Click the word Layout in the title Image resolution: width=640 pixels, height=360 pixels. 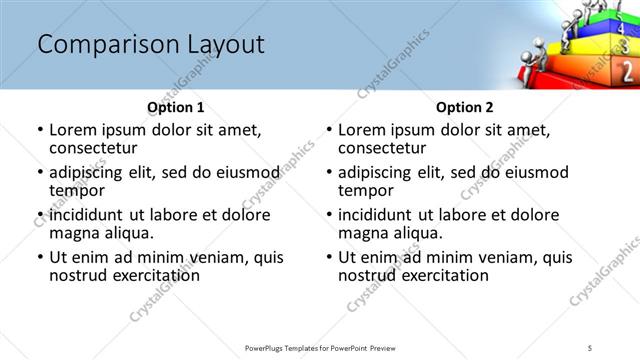[217, 45]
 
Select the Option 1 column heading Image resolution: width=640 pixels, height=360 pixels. [175, 107]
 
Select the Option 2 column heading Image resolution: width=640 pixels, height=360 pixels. [464, 107]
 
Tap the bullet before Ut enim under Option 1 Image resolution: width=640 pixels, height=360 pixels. [40, 257]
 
